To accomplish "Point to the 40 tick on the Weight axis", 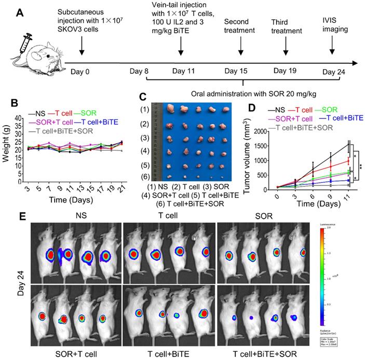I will [x=19, y=119].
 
